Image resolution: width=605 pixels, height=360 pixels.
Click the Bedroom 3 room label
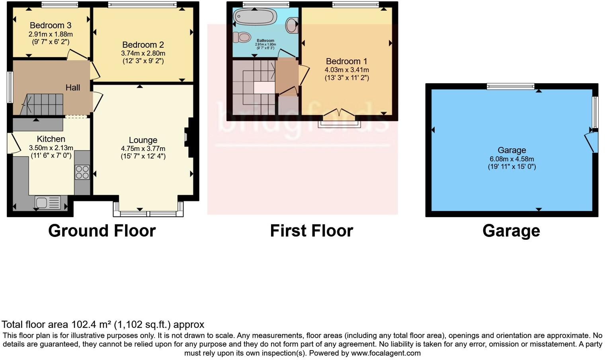click(x=50, y=25)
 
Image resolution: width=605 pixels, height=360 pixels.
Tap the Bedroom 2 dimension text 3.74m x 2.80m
click(x=143, y=53)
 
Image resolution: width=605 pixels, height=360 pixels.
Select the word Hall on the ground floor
click(x=73, y=88)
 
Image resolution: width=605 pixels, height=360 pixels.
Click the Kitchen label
click(x=51, y=139)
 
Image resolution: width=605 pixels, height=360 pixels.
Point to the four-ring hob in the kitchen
click(x=82, y=172)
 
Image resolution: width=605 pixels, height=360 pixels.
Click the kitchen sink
click(x=47, y=203)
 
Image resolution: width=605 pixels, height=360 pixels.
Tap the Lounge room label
click(x=143, y=140)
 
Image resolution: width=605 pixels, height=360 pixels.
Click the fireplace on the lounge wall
click(x=188, y=137)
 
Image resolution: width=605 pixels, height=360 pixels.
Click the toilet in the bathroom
click(x=242, y=37)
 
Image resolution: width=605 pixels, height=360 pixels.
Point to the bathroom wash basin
click(x=292, y=25)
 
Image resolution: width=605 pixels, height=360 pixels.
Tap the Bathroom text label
click(x=265, y=41)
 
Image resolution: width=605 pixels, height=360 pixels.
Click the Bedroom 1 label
click(x=346, y=61)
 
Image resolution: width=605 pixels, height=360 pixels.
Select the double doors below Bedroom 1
click(x=339, y=115)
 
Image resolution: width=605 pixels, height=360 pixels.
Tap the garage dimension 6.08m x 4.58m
click(x=512, y=159)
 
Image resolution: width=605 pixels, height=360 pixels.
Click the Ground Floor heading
click(x=102, y=231)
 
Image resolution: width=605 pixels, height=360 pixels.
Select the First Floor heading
click(x=311, y=231)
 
